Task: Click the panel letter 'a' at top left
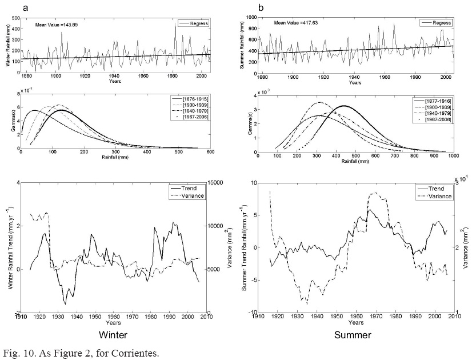click(26, 9)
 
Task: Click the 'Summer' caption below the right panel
click(354, 335)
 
